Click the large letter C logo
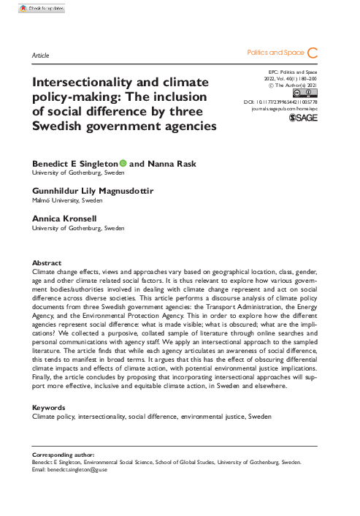313,53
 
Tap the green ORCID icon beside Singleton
123,164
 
